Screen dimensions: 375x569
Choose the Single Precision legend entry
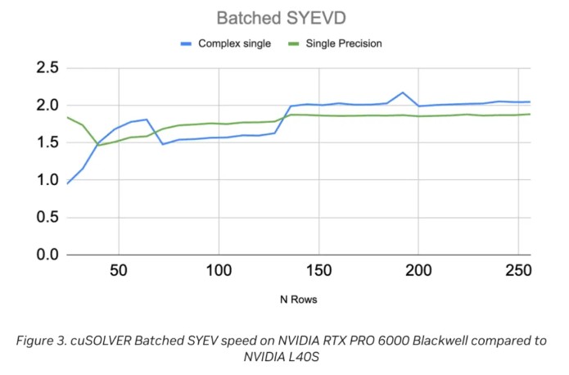[x=344, y=43]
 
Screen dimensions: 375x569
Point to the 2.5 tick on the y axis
[x=41, y=68]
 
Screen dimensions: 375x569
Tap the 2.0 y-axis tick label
[x=41, y=106]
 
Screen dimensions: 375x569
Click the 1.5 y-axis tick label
[x=41, y=142]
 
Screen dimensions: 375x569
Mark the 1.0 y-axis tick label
[x=41, y=180]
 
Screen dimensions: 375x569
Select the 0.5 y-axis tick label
[x=41, y=218]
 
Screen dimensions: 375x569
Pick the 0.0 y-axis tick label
[x=41, y=255]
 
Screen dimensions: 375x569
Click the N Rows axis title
[x=296, y=300]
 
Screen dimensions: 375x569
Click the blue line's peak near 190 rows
[x=403, y=93]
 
